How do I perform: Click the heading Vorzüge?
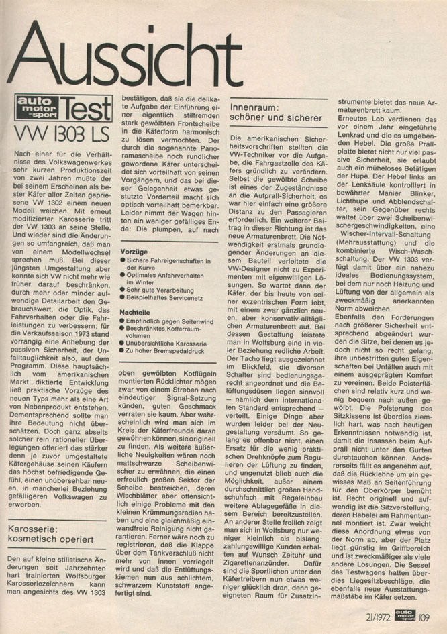tap(131, 250)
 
